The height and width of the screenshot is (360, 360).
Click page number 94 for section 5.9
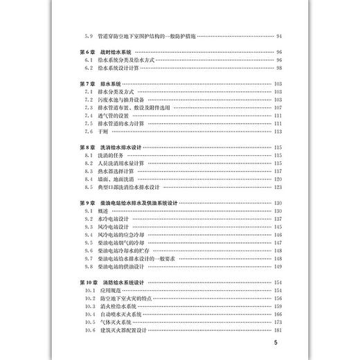tap(278, 36)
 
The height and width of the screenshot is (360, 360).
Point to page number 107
tap(278, 107)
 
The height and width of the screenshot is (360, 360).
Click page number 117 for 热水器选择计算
tap(278, 171)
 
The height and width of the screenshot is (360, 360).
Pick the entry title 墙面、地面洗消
tap(118, 179)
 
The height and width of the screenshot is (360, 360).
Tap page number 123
tap(278, 187)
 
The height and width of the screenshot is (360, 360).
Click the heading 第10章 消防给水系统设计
tap(115, 282)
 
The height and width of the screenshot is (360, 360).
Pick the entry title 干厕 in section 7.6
tap(105, 132)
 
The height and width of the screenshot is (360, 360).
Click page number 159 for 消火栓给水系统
tap(278, 306)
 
